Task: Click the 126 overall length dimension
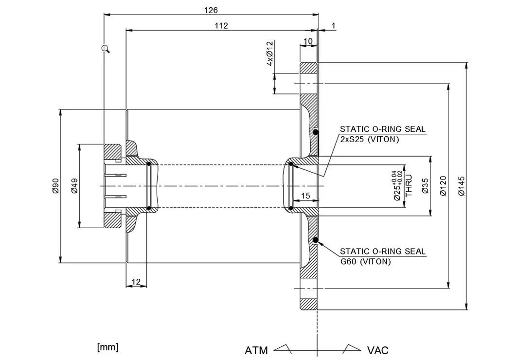pos(211,10)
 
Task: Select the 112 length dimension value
pos(221,26)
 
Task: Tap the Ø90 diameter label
pos(55,186)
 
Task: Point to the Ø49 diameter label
pos(74,186)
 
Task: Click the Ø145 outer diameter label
pos(462,186)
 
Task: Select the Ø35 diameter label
pos(425,186)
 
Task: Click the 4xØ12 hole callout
pos(269,54)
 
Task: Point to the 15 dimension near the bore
pos(305,196)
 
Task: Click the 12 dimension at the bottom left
pos(136,282)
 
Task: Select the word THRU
pos(409,185)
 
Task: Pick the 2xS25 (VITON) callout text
pos(369,139)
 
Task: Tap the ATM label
pos(256,350)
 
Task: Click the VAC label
pos(377,350)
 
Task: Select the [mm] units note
pos(107,347)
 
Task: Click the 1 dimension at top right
pos(333,25)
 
